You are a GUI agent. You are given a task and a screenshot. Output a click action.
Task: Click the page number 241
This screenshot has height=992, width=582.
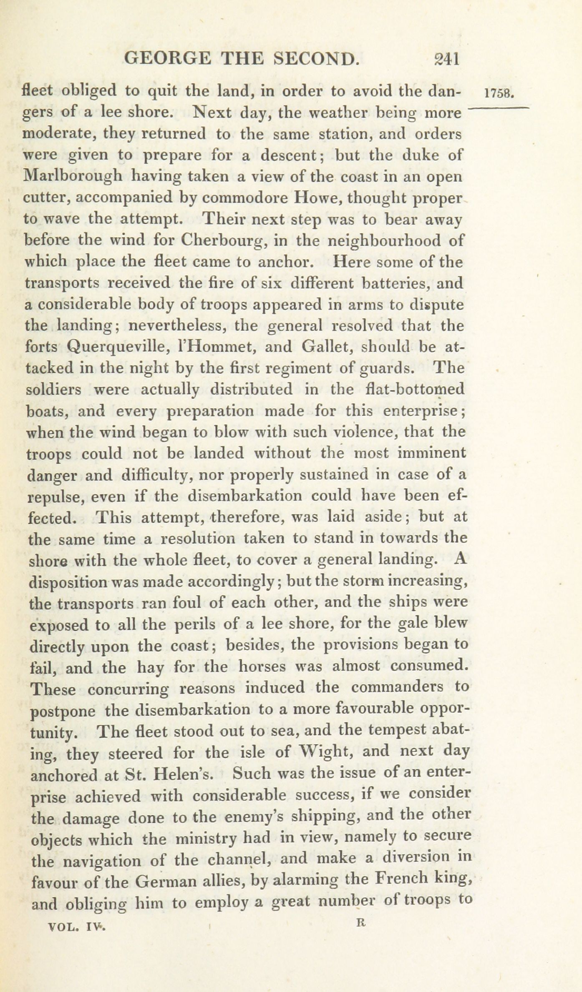tap(446, 59)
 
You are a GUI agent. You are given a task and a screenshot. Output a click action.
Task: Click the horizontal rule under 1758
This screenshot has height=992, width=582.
tap(499, 108)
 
